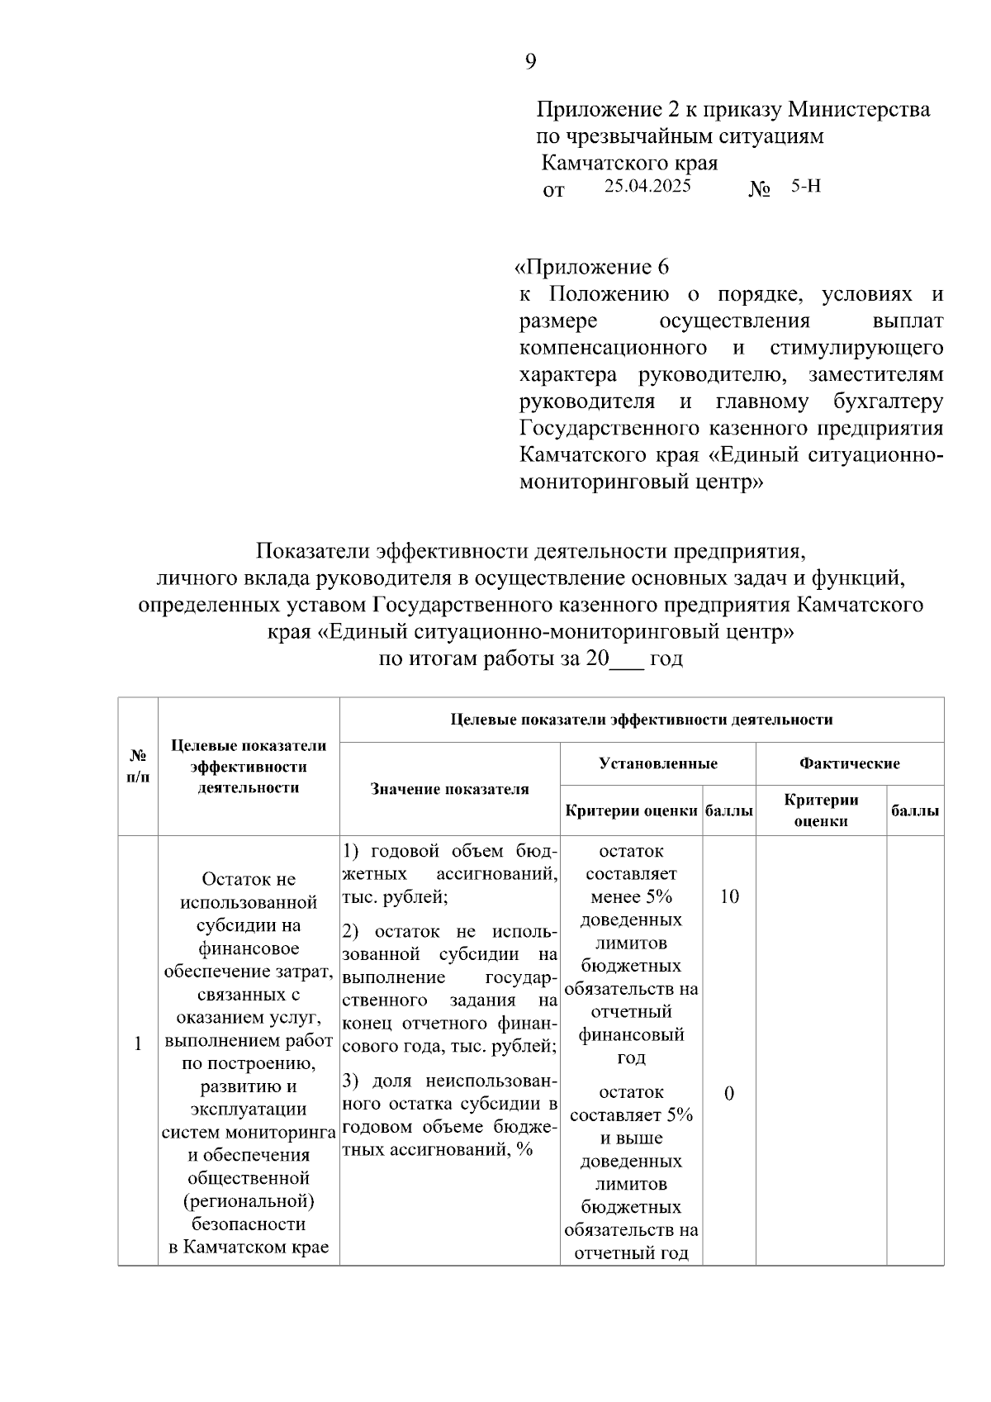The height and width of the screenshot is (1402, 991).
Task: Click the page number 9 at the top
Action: pos(530,61)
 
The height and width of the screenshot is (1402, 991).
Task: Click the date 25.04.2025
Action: pos(647,186)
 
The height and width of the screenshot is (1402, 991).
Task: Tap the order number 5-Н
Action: pos(806,186)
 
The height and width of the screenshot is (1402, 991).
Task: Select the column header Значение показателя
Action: pos(449,789)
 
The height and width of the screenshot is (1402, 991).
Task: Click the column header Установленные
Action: pos(657,763)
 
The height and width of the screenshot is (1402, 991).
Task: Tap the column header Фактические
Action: pos(849,763)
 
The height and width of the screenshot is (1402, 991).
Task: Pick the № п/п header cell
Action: pos(138,766)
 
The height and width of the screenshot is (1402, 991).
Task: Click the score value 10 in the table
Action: pos(728,896)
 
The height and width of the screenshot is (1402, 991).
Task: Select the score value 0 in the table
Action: pos(728,1093)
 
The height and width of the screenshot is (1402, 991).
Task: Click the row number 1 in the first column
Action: pos(138,1043)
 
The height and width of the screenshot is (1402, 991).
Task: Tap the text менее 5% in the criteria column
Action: pos(631,896)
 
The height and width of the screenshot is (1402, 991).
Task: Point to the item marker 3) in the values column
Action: pos(350,1081)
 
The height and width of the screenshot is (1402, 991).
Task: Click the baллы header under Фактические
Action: pos(914,810)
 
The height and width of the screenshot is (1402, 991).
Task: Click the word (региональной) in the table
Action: pos(249,1200)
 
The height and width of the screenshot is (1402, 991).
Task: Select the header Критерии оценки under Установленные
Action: pos(631,810)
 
